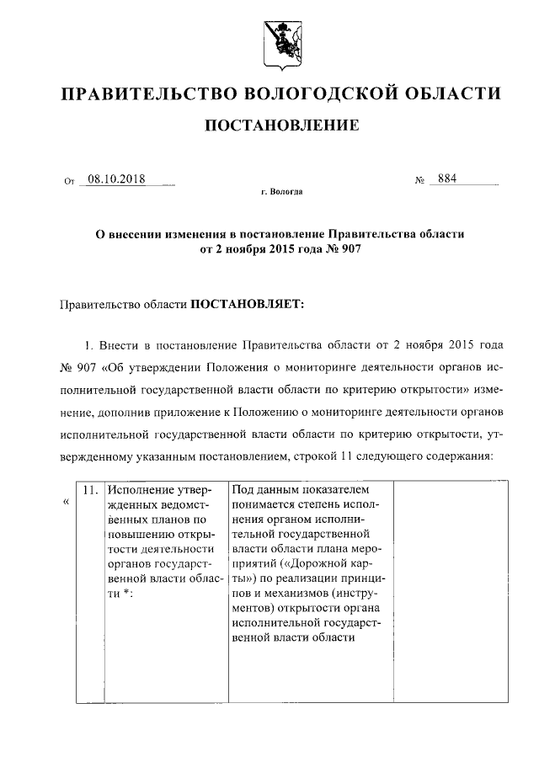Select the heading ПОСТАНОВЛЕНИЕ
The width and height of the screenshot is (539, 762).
(281, 125)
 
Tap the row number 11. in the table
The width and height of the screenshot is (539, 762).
(90, 489)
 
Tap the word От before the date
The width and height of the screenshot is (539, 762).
(69, 180)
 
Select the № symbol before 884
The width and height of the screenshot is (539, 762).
(419, 180)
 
